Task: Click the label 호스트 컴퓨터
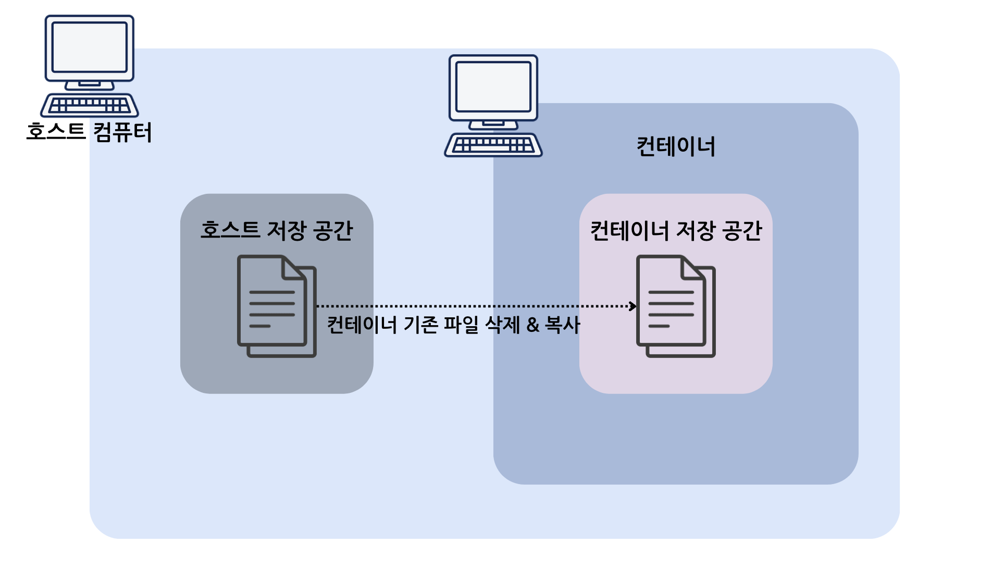(89, 132)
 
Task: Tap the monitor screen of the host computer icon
(90, 47)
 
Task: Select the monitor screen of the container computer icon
(493, 86)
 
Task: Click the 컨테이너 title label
(676, 147)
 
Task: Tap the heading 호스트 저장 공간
(277, 230)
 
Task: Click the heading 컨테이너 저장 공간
(676, 230)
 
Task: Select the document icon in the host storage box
(276, 305)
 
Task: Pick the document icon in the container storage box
(675, 305)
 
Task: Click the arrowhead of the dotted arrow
(633, 306)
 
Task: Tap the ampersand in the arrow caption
(532, 325)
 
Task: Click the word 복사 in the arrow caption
(562, 325)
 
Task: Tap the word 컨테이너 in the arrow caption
(362, 325)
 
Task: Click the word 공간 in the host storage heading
(334, 230)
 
